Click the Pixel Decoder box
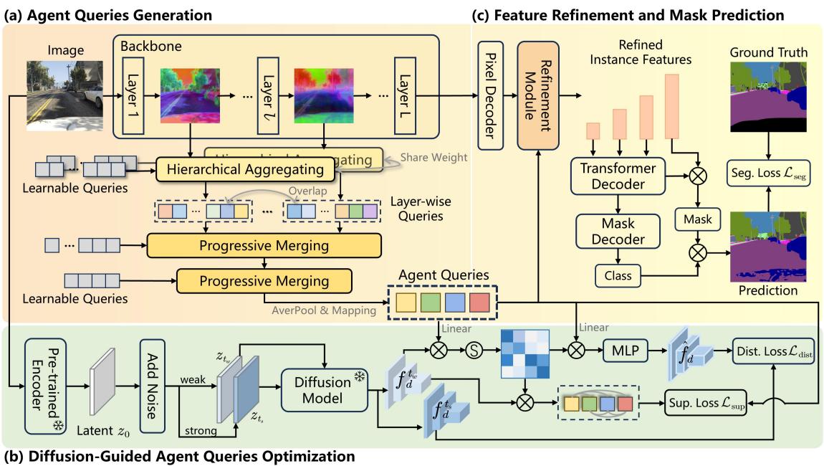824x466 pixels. point(491,95)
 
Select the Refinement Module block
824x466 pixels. point(537,95)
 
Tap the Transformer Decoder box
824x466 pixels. point(618,176)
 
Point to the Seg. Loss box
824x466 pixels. point(768,173)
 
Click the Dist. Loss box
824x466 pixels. point(774,350)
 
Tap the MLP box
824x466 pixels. point(625,350)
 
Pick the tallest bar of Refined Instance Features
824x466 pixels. point(672,106)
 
